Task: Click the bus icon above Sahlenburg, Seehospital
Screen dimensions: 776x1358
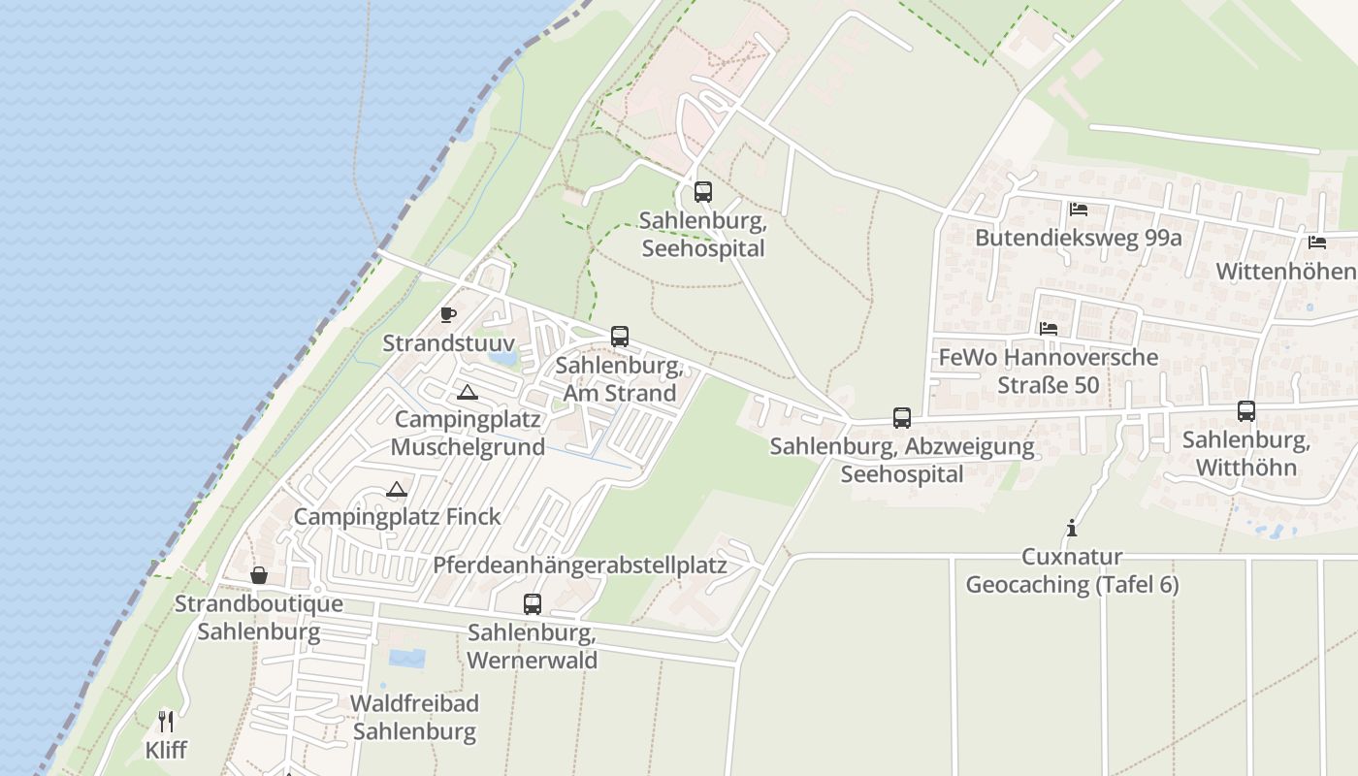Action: [703, 191]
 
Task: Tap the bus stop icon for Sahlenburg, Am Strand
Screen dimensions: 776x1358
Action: [620, 337]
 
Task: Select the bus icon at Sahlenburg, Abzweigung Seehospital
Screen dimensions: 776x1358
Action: [902, 418]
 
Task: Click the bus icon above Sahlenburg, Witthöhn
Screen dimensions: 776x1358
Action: [1246, 411]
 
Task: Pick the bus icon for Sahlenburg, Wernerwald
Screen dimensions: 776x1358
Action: [533, 603]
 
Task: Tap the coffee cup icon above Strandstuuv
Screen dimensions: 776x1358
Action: [447, 314]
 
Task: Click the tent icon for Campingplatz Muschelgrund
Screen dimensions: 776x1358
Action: [468, 392]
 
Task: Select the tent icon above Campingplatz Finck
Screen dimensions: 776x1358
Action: [396, 489]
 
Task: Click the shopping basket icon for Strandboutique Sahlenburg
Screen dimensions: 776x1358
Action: [259, 575]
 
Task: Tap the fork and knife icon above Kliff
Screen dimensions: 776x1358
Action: [166, 721]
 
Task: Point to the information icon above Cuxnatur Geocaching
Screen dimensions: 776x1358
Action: [1072, 528]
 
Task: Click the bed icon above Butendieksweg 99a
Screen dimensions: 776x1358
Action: [1078, 210]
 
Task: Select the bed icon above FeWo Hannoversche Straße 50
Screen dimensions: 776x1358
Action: [1049, 329]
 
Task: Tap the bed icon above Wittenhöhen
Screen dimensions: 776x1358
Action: [1316, 242]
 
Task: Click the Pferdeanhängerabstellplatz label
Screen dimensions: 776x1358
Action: [580, 565]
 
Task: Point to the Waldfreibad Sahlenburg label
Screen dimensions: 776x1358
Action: [414, 717]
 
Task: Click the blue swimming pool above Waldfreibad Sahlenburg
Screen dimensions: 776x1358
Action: [407, 659]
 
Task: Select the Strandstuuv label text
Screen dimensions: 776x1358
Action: [447, 342]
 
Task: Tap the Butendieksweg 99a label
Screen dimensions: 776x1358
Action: [1078, 238]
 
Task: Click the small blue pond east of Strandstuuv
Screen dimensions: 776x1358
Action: [503, 357]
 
